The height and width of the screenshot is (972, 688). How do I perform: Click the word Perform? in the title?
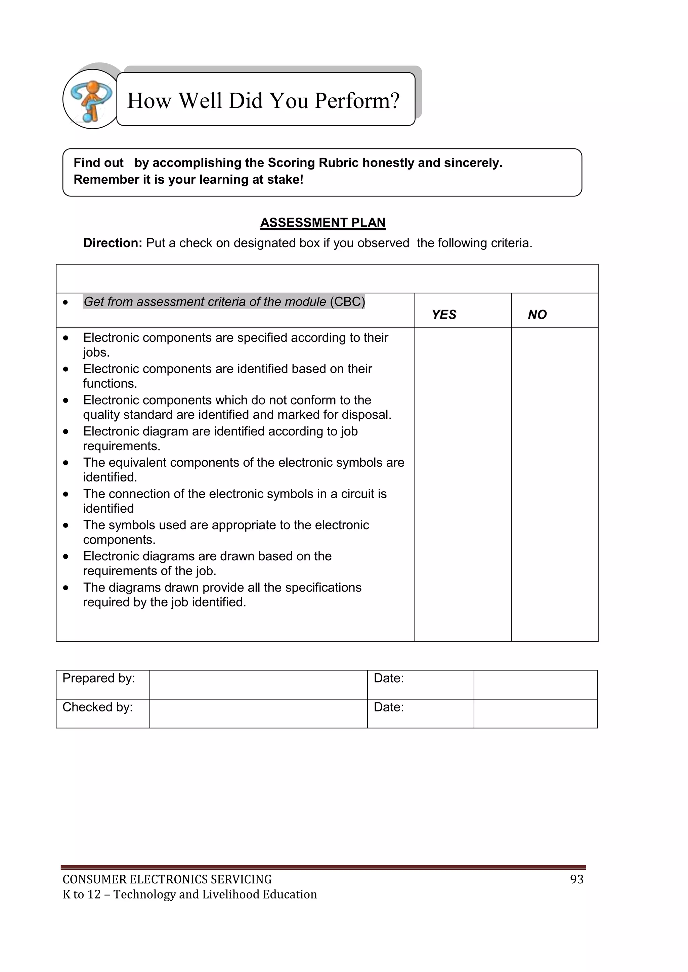[357, 101]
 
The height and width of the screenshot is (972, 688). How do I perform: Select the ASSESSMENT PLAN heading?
[323, 223]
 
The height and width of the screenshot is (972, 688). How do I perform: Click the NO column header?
[537, 315]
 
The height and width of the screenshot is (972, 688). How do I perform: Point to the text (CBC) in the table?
[347, 302]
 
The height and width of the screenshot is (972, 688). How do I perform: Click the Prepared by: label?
[99, 679]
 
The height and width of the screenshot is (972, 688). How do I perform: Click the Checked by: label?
[98, 707]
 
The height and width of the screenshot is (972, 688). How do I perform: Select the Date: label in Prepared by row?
[388, 679]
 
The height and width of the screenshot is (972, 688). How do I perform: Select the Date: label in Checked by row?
[388, 707]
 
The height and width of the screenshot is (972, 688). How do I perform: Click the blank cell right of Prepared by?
[258, 685]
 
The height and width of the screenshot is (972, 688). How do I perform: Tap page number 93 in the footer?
[576, 880]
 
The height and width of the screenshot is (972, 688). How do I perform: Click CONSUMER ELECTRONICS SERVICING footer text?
[167, 880]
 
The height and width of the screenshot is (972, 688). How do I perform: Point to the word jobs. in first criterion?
[96, 352]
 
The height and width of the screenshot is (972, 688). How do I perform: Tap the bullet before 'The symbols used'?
[66, 525]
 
